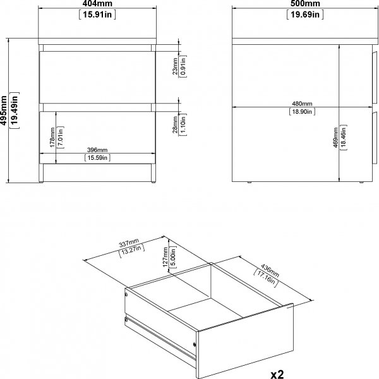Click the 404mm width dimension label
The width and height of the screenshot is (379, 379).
96,4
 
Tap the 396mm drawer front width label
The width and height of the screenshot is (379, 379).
97,150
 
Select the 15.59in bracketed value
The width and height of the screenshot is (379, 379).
97,158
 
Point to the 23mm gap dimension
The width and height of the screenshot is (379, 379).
174,65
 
